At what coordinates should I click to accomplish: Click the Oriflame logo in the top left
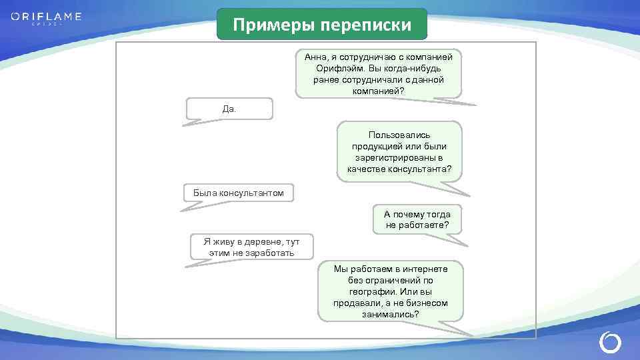tap(46, 17)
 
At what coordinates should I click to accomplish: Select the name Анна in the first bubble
tap(315, 57)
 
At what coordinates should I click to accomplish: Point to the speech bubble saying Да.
tap(229, 109)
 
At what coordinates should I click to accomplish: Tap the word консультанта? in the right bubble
tap(423, 169)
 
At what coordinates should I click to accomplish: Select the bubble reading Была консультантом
tap(239, 193)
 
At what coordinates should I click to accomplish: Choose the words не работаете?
tap(417, 225)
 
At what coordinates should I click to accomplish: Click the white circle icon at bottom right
tap(610, 343)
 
